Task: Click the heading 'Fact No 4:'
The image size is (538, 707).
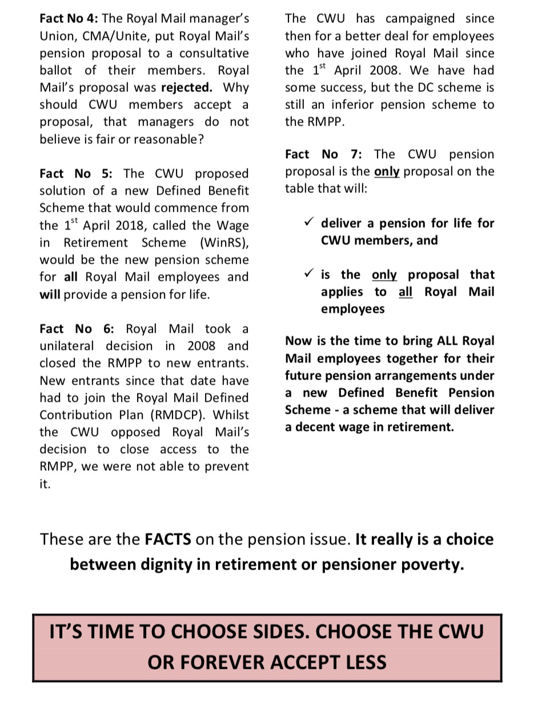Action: click(x=69, y=19)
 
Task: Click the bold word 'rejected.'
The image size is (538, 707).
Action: click(x=187, y=88)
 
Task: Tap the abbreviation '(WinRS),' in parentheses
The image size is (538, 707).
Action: click(x=224, y=243)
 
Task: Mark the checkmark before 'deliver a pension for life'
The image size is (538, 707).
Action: click(x=309, y=223)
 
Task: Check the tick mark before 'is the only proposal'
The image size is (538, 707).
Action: click(x=309, y=274)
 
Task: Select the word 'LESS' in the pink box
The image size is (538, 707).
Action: click(x=361, y=662)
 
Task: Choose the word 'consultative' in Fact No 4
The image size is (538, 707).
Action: click(x=214, y=53)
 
